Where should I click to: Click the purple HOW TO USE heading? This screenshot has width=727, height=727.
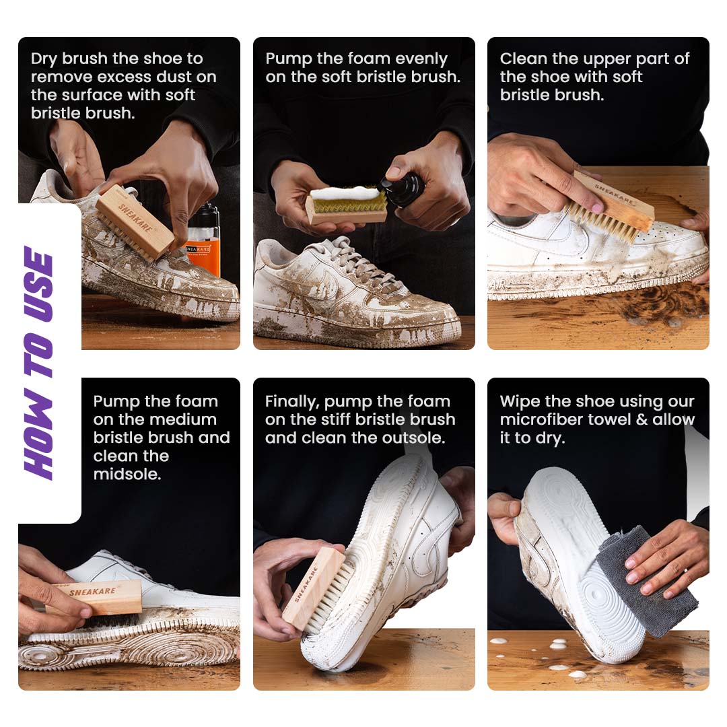click(38, 363)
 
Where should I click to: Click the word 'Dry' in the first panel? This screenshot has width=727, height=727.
click(44, 59)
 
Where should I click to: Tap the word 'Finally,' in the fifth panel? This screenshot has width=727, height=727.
click(291, 402)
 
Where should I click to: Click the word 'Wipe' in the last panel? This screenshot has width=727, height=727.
click(520, 402)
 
